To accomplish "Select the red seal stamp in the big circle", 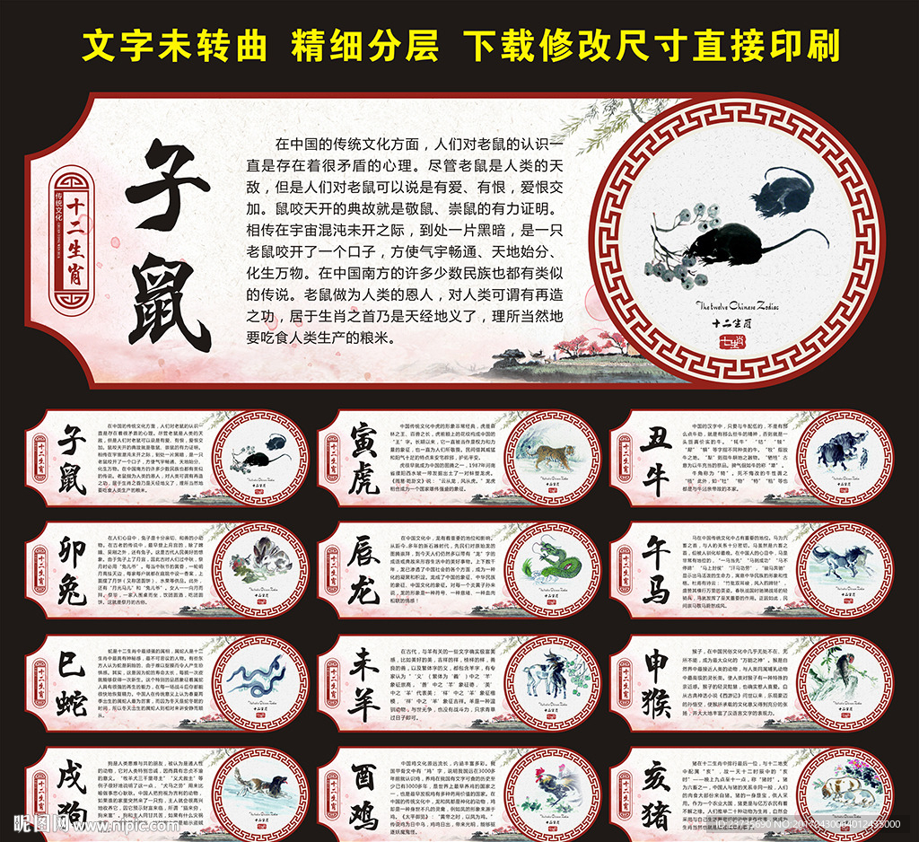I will (x=731, y=342).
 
